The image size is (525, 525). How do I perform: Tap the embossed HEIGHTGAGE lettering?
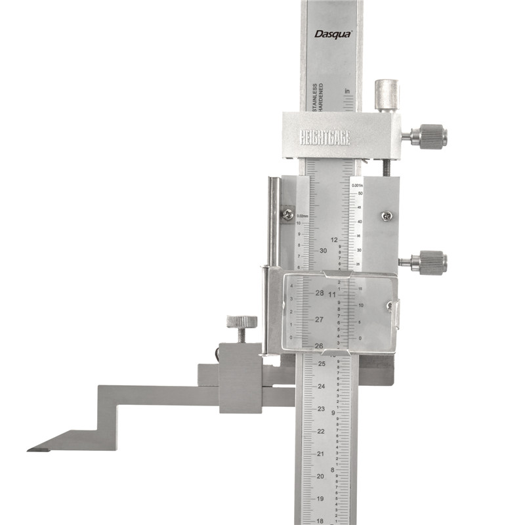coord(325,138)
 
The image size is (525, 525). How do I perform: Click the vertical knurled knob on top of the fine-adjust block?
coord(387,95)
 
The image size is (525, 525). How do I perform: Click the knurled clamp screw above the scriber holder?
coord(241,323)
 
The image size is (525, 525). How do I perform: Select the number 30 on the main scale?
coord(323,251)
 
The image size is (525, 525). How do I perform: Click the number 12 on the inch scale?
coord(335,240)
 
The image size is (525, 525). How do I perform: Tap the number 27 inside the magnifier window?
coord(319,320)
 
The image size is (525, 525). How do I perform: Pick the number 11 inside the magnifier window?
coord(333,295)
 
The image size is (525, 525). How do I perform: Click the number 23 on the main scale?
coord(321,409)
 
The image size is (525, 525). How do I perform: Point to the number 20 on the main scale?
coord(321,476)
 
